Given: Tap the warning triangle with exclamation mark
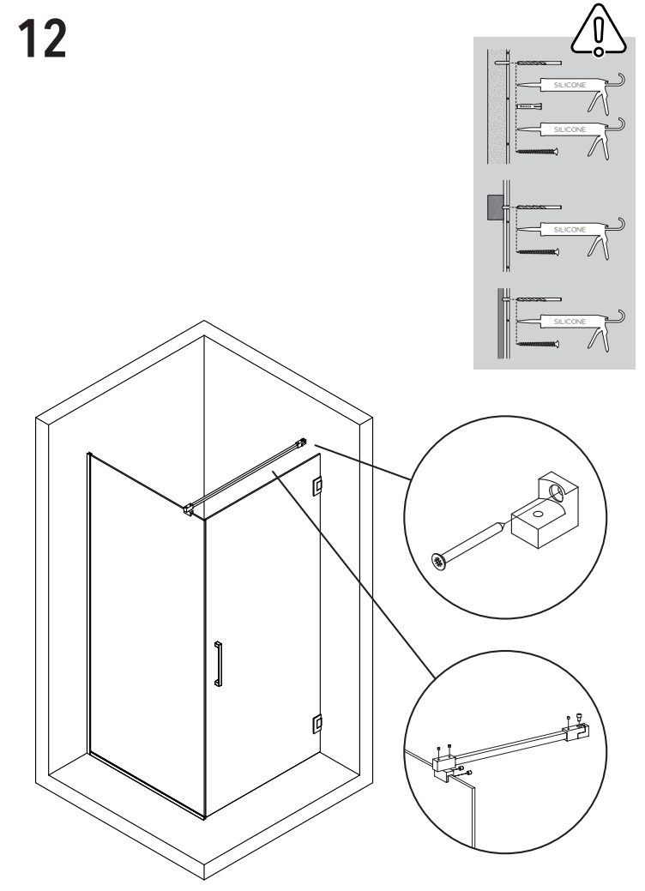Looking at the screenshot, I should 598,33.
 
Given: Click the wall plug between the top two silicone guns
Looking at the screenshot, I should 533,105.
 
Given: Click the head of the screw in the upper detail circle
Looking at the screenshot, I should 440,562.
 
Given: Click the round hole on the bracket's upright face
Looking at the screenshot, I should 557,493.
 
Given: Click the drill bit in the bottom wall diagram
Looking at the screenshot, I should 538,301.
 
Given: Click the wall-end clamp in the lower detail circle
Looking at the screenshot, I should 576,731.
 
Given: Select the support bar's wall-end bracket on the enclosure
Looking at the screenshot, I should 299,443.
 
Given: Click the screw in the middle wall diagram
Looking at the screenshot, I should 537,252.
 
